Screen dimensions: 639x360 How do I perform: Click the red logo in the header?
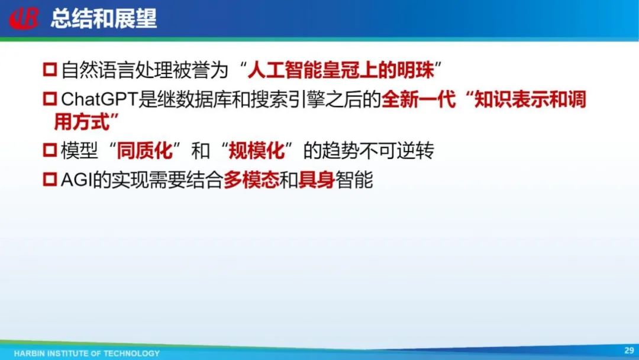pos(24,18)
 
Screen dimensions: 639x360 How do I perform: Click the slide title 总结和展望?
pos(104,18)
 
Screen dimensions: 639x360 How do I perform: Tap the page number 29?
pos(629,350)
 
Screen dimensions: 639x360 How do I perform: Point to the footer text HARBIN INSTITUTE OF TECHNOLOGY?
pos(87,353)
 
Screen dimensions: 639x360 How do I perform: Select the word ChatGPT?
pos(98,99)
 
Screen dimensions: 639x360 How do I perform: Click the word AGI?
pos(76,179)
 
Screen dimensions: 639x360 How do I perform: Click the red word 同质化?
pos(145,150)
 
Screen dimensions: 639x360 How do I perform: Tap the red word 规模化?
pos(257,150)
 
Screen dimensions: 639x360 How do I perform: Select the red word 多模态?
pos(251,179)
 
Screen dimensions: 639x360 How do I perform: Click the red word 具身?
pos(317,179)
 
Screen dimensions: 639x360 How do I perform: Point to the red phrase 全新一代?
pos(418,99)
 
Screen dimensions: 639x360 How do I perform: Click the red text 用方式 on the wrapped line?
pos(82,122)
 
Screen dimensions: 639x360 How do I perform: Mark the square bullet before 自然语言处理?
pos(50,69)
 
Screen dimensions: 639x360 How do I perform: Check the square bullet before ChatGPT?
pos(50,99)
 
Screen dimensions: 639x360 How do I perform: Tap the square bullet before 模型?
pos(50,150)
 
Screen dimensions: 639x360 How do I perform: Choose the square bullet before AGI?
pos(50,179)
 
